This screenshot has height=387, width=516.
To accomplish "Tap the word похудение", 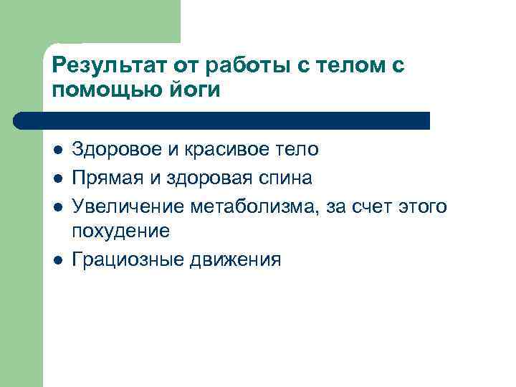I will pyautogui.click(x=121, y=231).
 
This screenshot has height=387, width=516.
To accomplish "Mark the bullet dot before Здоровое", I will pyautogui.click(x=57, y=150).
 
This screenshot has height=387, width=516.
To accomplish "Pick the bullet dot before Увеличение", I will pyautogui.click(x=57, y=207).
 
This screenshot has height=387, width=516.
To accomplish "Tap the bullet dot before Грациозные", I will pyautogui.click(x=57, y=260).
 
